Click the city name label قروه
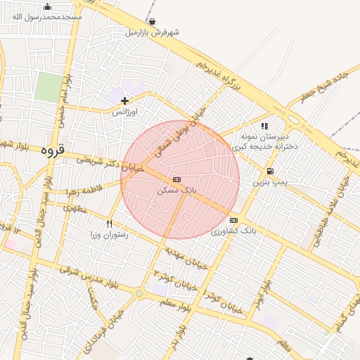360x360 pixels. [x=53, y=150]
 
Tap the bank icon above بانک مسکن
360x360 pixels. [x=176, y=179]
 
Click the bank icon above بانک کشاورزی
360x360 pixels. [x=233, y=219]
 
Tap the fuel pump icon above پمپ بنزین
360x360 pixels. [x=270, y=172]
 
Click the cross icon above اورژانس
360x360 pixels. [x=125, y=101]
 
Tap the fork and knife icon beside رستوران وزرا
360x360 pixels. [x=109, y=224]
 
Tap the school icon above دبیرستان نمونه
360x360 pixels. [x=264, y=126]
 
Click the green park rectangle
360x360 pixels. [x=49, y=87]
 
